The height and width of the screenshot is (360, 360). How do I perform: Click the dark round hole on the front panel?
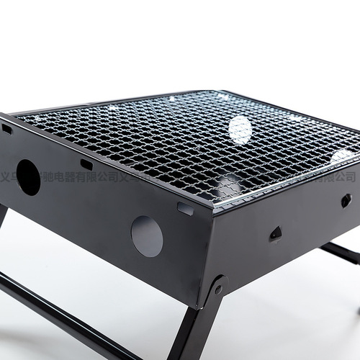point(28,177)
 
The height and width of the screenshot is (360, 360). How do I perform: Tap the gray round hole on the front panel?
point(147,236)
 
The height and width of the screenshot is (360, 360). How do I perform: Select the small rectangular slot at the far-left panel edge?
point(7,130)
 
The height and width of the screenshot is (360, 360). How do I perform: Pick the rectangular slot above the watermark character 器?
point(86,164)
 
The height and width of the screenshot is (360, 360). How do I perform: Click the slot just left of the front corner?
point(185,210)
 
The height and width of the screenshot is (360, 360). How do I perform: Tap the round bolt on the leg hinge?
point(218,289)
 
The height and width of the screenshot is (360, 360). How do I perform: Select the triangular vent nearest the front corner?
point(275,233)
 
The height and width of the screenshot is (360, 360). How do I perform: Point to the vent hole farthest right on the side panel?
point(346,200)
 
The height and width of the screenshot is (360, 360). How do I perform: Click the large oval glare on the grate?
point(240,130)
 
